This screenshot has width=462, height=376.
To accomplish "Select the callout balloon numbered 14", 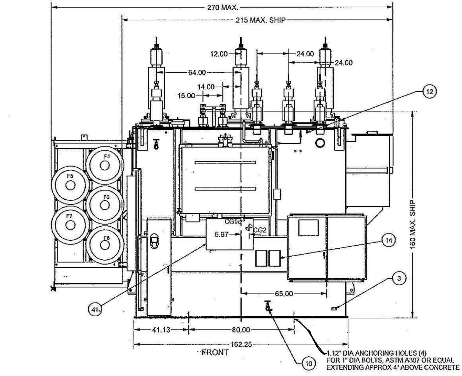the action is click(389, 240).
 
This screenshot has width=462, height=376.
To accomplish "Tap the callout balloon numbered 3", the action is click(399, 278).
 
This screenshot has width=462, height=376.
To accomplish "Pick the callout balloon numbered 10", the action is click(309, 363).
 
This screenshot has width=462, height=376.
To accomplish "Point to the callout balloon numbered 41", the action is click(95, 310).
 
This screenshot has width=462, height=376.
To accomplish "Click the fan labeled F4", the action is click(105, 166).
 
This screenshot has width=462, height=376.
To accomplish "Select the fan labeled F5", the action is click(70, 185).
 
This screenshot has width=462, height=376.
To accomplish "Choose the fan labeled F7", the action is click(70, 226).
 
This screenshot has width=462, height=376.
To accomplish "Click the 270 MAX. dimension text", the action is click(223, 8).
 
